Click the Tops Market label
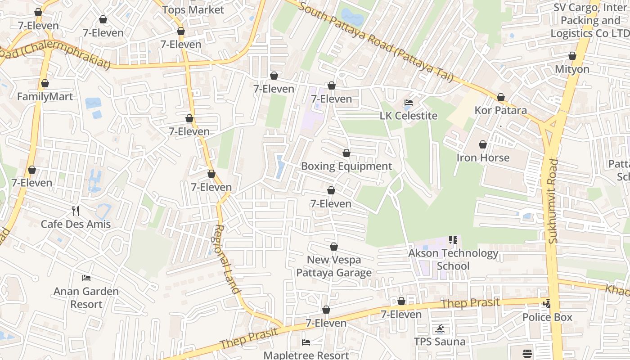point(193,10)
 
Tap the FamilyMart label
point(45,97)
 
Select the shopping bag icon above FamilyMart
point(45,84)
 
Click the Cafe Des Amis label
point(76,224)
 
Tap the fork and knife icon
point(76,211)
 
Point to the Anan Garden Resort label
point(86,297)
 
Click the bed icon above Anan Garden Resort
point(86,278)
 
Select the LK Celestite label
point(409,116)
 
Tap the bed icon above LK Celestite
point(409,103)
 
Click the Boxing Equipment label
point(346,166)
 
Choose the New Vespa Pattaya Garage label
point(334,266)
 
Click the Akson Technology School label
point(453,259)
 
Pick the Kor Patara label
point(500,110)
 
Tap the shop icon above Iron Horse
point(483,145)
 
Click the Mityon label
point(572,69)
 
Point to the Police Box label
point(547,317)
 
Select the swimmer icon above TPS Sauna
point(440,328)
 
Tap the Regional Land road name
point(227,259)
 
